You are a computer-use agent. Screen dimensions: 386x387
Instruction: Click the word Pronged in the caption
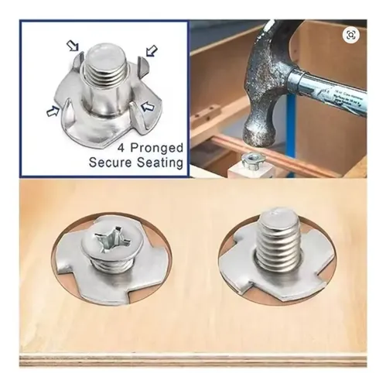[x=157, y=149]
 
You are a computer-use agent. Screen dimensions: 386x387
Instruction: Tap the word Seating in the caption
[x=160, y=163]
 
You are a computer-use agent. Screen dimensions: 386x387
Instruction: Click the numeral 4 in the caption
[x=121, y=148]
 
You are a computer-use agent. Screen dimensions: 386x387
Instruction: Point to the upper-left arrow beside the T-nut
[x=73, y=46]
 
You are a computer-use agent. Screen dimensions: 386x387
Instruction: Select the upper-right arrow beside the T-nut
[x=152, y=51]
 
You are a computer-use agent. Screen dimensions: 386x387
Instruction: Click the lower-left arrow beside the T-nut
[x=53, y=111]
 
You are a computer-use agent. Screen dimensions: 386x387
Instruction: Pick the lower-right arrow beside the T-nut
[x=147, y=106]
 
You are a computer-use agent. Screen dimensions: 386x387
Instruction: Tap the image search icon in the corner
[x=351, y=35]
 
